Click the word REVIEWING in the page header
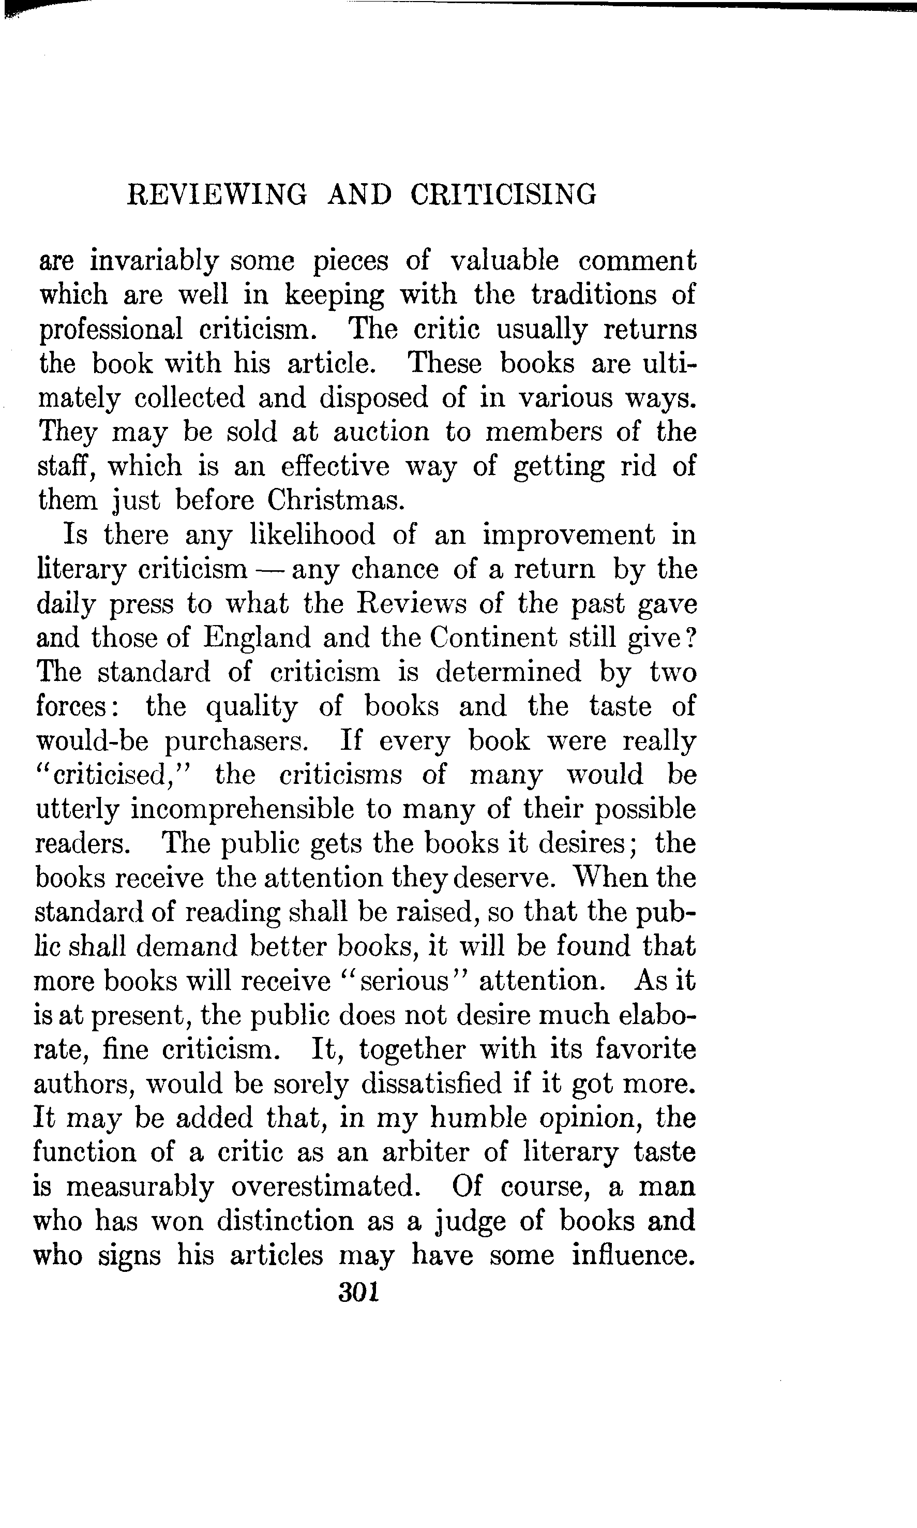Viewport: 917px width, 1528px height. pyautogui.click(x=216, y=194)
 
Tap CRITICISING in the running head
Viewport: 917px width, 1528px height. pyautogui.click(x=503, y=194)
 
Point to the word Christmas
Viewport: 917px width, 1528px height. pyautogui.click(x=336, y=499)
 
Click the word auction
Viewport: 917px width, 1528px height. pyautogui.click(x=381, y=431)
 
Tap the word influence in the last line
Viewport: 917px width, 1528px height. pyautogui.click(x=631, y=1255)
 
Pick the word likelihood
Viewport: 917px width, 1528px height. pyautogui.click(x=312, y=534)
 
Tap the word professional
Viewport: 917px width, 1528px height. pyautogui.click(x=111, y=329)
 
